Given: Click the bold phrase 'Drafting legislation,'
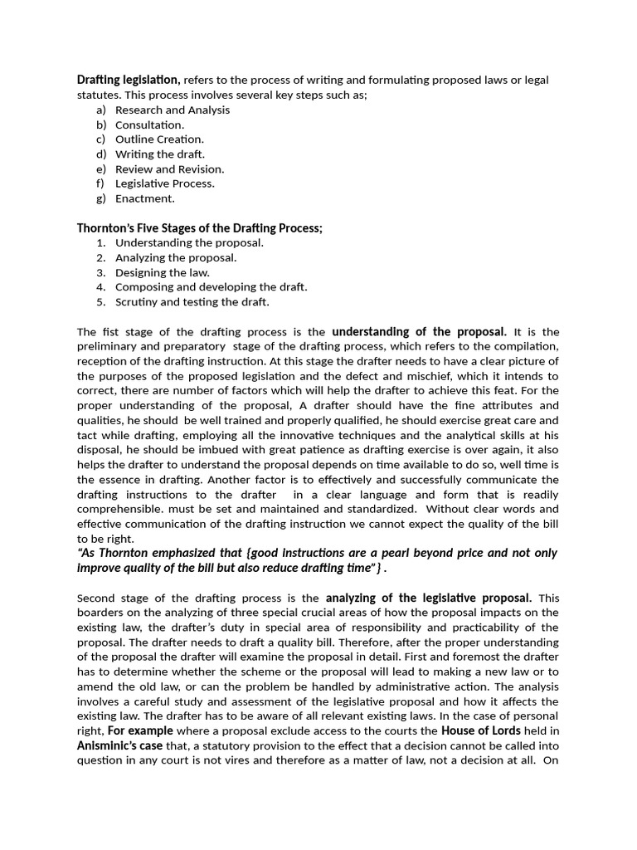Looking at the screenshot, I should (x=129, y=80).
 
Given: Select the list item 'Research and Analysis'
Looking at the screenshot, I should (x=173, y=110).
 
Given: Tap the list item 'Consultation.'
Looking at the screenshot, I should (x=149, y=125).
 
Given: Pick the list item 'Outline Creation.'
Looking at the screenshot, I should (x=159, y=139).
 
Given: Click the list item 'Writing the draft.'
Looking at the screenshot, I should (x=160, y=154).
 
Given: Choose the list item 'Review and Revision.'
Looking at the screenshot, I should (x=169, y=169).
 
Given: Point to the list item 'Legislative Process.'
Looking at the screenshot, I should (x=164, y=183).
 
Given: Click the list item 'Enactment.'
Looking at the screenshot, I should (x=145, y=198).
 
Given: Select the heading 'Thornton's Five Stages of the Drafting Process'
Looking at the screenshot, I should (x=199, y=228).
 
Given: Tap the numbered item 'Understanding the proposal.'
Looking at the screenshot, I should (x=189, y=243).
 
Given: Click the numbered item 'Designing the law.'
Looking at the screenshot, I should (x=163, y=272).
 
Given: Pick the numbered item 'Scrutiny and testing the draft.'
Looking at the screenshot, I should (x=192, y=302).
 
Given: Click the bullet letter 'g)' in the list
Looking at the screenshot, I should (x=101, y=198).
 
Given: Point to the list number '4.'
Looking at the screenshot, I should (x=101, y=287).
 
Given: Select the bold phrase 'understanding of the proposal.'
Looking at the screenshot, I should (x=419, y=332).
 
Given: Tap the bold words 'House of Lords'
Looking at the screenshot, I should (x=481, y=730).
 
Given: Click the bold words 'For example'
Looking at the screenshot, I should (x=140, y=730).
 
